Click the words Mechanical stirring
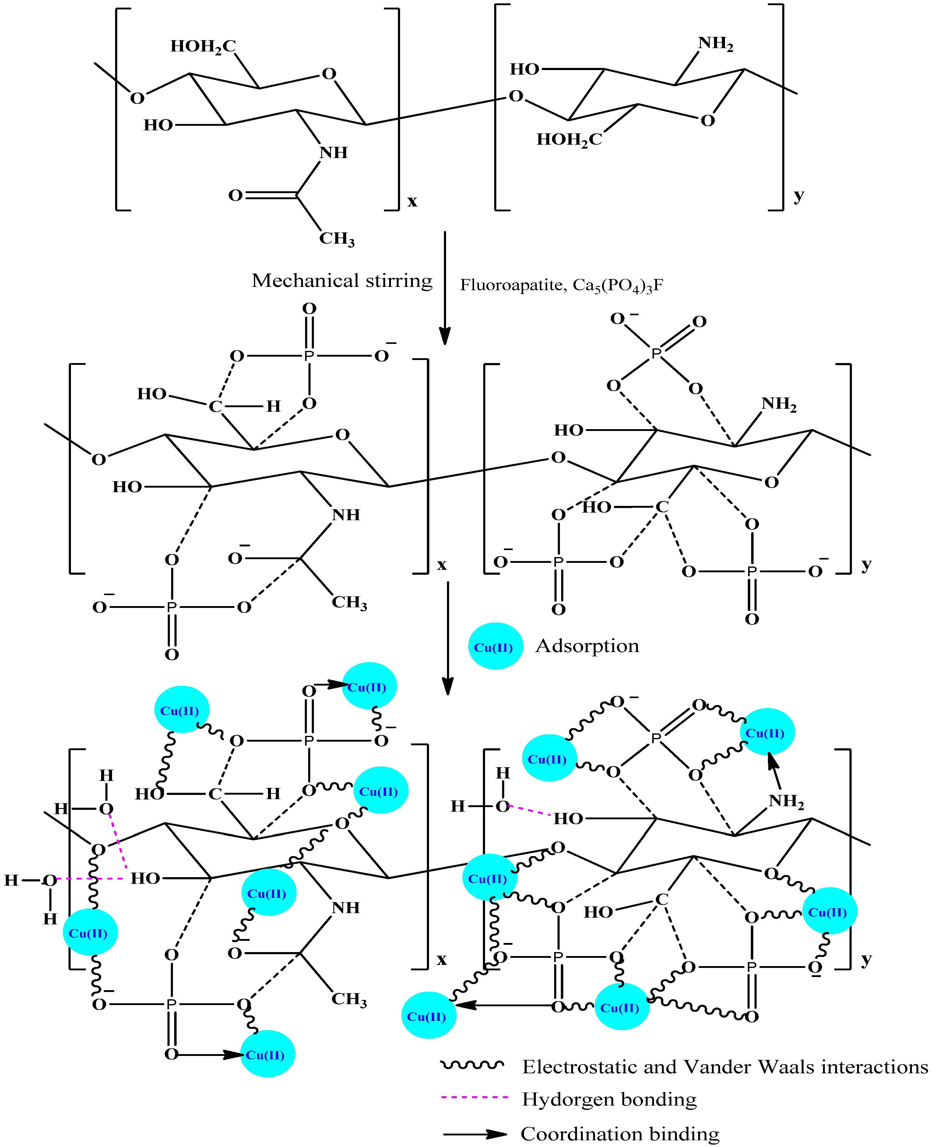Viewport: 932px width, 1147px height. pos(342,281)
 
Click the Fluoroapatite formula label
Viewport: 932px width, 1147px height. pos(561,285)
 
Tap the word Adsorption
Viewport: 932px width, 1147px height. pos(587,646)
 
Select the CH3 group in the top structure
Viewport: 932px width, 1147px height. pos(337,238)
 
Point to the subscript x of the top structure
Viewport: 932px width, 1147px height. pos(412,201)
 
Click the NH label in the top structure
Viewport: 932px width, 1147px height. pos(333,153)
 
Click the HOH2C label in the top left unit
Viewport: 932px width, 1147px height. pos(203,47)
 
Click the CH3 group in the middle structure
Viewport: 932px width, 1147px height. pos(349,602)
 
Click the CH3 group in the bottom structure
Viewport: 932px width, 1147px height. pos(349,999)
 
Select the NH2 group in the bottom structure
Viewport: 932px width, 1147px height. pos(786,801)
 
